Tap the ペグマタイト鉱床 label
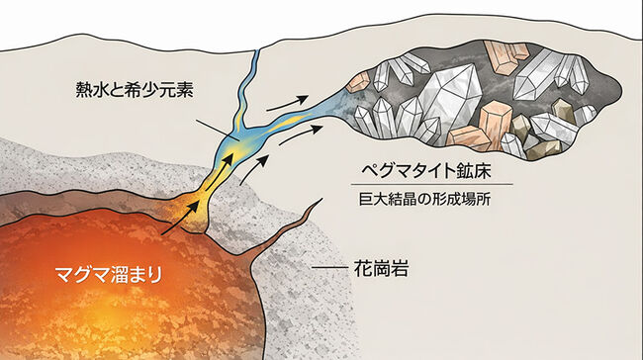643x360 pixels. click(433, 165)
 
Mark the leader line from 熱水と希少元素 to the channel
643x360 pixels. click(213, 130)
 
